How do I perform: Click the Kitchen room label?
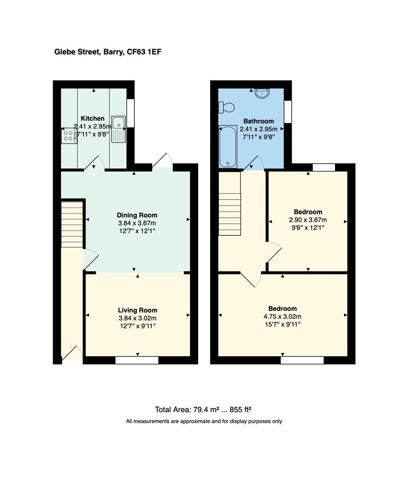point(93,118)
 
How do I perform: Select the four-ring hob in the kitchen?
point(69,136)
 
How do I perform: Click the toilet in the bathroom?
point(226,107)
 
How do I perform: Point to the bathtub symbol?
point(228,147)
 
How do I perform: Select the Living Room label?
point(137,310)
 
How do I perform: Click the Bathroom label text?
point(259,121)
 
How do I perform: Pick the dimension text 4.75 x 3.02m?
point(282,317)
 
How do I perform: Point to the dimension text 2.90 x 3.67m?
point(308,220)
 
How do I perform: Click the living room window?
point(137,360)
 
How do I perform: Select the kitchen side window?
point(131,114)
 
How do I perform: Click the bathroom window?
point(288,111)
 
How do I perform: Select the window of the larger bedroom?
point(302,360)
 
